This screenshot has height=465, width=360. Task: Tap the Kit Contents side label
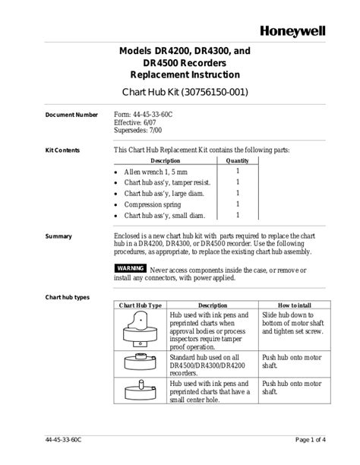62,150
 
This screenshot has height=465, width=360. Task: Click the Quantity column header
237,161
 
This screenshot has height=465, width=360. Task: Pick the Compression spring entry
153,204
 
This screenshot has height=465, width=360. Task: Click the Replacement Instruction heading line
185,74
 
